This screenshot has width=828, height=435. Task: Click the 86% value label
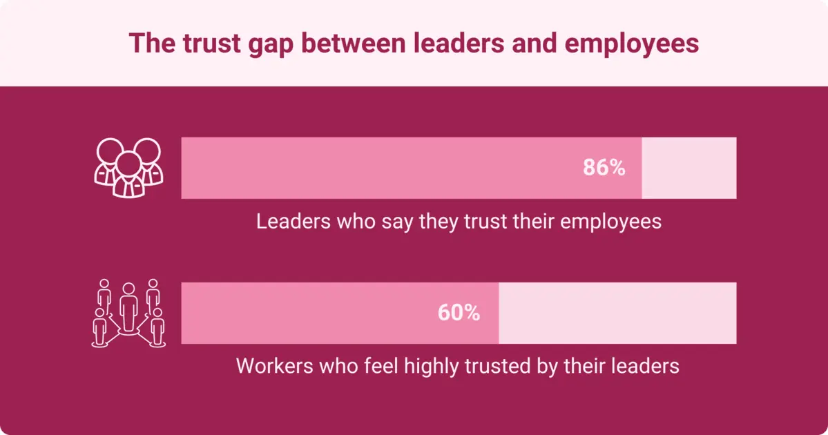click(x=604, y=168)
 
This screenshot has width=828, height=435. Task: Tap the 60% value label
click(x=459, y=313)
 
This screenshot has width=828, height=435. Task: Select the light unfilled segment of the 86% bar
click(x=689, y=168)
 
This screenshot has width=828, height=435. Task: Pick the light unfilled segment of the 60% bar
click(x=617, y=313)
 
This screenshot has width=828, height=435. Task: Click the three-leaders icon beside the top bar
click(x=128, y=168)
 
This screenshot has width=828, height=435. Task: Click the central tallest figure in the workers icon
click(x=128, y=307)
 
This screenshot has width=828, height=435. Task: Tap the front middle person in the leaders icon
click(x=128, y=175)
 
